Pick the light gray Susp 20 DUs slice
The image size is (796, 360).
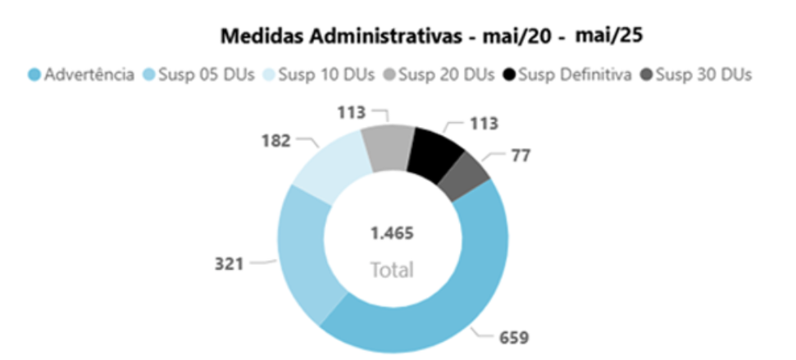(388, 146)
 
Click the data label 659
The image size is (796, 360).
(515, 337)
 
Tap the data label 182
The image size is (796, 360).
(276, 140)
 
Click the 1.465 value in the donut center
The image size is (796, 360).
(392, 233)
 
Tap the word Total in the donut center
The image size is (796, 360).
(392, 269)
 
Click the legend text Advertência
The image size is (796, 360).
(89, 75)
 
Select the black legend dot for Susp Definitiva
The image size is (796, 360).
(510, 75)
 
